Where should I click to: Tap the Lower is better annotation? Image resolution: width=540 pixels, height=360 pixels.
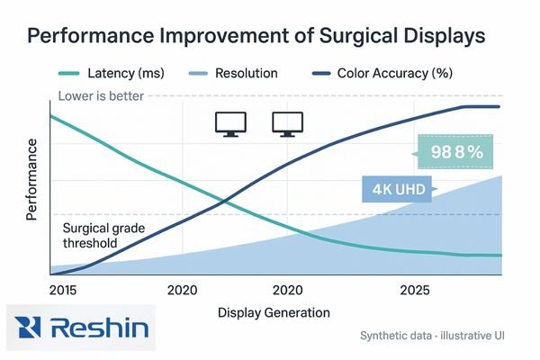tap(100, 96)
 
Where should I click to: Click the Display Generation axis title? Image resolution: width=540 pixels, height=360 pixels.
tap(274, 312)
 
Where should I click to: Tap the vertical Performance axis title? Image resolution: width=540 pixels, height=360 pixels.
tap(33, 180)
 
